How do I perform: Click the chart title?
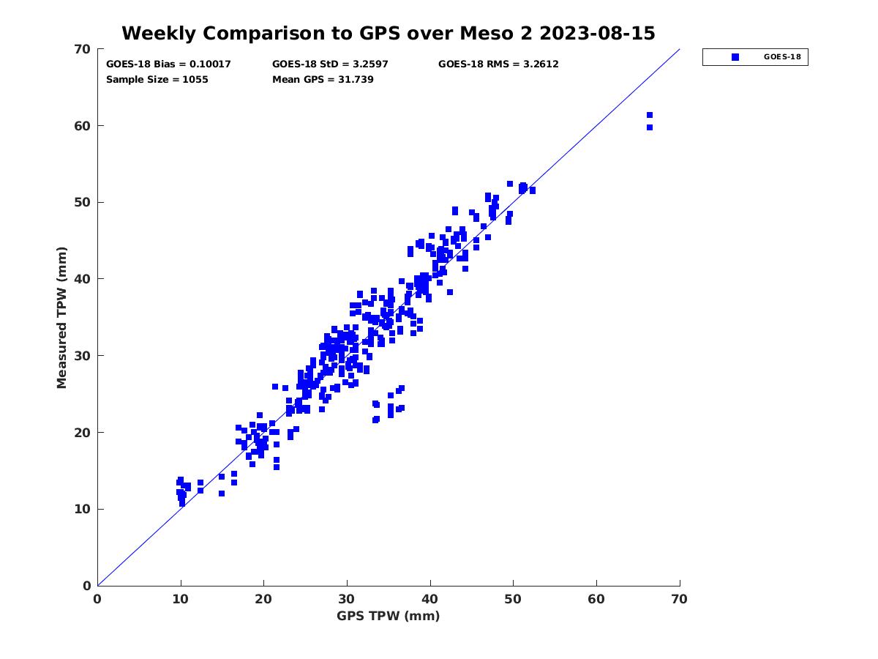pos(388,33)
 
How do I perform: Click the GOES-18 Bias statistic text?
pos(168,64)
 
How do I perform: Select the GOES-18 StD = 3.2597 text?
pos(330,64)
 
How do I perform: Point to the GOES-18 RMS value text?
pos(498,64)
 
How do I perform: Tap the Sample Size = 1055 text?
pos(157,79)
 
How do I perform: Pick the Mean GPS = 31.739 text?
pos(323,79)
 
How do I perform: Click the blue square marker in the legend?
pos(735,57)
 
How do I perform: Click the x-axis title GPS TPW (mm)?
pos(389,616)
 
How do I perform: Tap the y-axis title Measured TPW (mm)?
pos(61,318)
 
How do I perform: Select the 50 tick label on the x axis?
pos(514,599)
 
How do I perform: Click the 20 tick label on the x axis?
pos(264,599)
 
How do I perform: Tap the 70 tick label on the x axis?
pos(680,599)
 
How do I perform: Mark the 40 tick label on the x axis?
pos(430,599)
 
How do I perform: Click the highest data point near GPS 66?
pos(649,115)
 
